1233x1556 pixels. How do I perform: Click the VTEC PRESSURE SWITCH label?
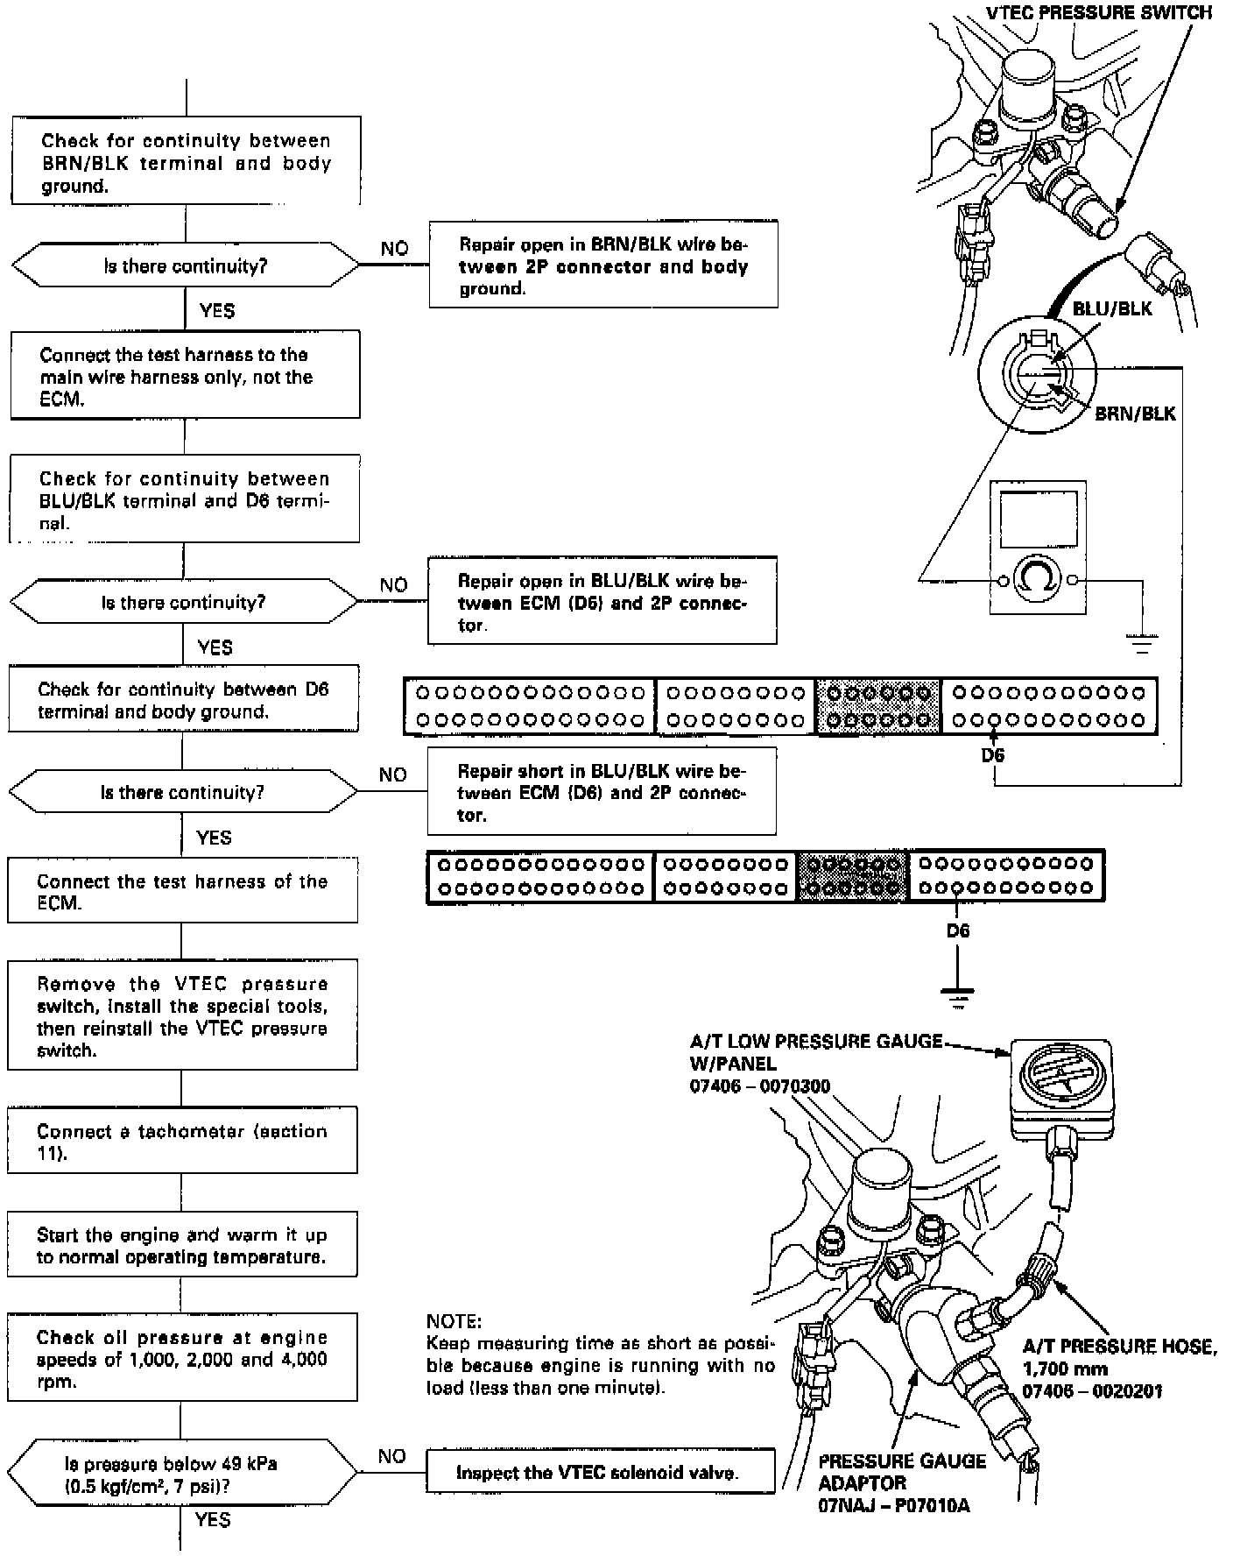point(1099,12)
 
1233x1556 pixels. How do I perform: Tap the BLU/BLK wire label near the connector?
point(1112,308)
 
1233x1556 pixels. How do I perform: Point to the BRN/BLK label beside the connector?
point(1135,414)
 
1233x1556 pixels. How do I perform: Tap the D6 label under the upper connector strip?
point(993,754)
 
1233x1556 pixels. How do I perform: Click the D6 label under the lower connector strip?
point(958,930)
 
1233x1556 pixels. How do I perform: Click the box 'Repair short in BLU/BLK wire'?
point(602,793)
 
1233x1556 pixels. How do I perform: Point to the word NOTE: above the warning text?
point(454,1321)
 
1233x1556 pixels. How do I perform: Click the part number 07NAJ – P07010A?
point(893,1506)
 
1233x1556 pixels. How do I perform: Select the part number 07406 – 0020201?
point(1092,1391)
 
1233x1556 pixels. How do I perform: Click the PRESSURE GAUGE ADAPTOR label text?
point(902,1472)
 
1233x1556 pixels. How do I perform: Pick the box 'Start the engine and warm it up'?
point(182,1246)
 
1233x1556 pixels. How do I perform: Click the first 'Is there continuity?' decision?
point(185,266)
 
